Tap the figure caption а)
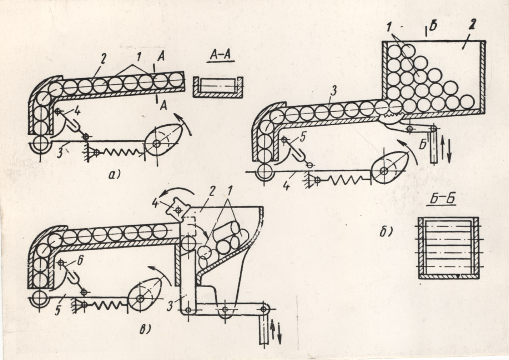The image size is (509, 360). pyautogui.click(x=114, y=175)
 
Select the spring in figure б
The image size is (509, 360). pyautogui.click(x=344, y=180)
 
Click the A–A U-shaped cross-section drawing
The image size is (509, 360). pyautogui.click(x=218, y=87)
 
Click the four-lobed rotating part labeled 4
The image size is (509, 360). pyautogui.click(x=178, y=209)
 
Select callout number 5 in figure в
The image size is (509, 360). pyautogui.click(x=57, y=310)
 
